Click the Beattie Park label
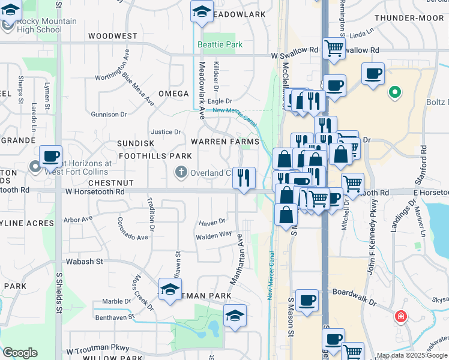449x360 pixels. click(x=220, y=45)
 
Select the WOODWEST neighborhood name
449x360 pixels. click(x=112, y=36)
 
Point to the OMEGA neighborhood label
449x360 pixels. click(x=173, y=94)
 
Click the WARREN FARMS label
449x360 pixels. click(x=225, y=142)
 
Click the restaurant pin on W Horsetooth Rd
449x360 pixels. click(x=244, y=178)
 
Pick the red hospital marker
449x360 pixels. click(x=400, y=316)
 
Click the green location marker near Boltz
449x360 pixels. click(x=394, y=93)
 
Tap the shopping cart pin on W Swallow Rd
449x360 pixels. click(x=334, y=49)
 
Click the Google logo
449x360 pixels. click(x=20, y=352)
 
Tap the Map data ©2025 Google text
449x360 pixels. click(x=411, y=355)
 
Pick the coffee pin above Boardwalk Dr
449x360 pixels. click(x=307, y=300)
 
